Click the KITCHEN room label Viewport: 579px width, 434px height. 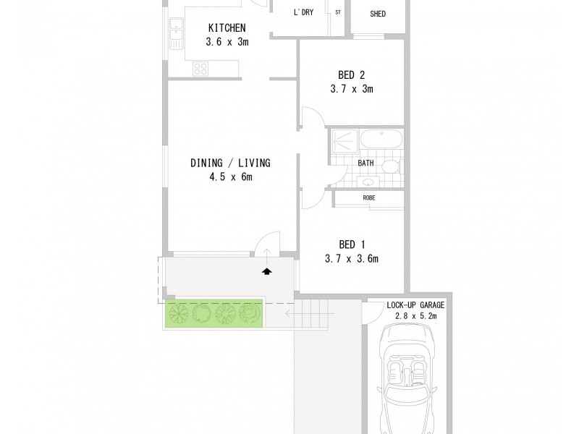(228, 28)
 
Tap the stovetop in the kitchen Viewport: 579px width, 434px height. (200, 69)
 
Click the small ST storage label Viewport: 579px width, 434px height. (338, 13)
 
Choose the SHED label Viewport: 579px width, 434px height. (377, 13)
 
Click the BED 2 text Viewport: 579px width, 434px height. (351, 75)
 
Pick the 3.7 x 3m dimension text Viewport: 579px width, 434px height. (351, 89)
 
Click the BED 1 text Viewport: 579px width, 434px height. (351, 244)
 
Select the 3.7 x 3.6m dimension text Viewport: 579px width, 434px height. (351, 258)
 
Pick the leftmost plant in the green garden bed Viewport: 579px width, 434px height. (178, 313)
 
